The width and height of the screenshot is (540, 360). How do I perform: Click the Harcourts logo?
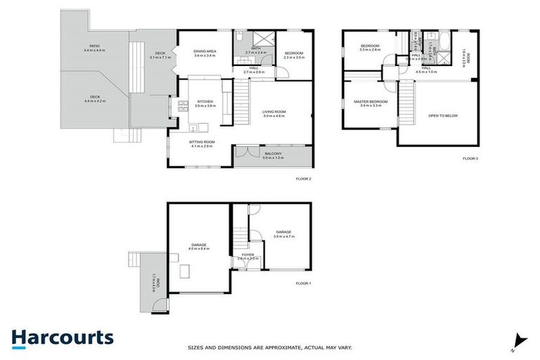click(x=62, y=337)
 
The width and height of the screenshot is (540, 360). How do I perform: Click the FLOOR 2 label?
click(x=303, y=179)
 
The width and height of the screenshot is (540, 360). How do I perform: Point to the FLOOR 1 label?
click(x=304, y=283)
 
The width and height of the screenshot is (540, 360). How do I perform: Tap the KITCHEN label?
click(x=205, y=103)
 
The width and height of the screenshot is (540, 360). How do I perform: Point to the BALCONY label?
click(x=273, y=155)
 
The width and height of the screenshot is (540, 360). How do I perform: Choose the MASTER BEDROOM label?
click(x=370, y=103)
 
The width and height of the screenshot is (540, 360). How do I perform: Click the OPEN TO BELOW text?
click(x=443, y=115)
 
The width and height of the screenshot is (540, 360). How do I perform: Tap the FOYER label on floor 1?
click(x=247, y=257)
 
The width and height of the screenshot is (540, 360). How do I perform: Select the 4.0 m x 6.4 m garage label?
click(x=198, y=246)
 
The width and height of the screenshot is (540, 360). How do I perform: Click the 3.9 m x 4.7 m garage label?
click(x=283, y=234)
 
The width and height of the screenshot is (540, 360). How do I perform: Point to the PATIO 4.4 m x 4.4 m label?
click(x=94, y=49)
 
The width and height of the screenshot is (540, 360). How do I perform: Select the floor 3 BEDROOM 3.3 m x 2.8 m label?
click(x=370, y=48)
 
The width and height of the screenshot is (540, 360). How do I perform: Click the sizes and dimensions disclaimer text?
click(x=270, y=347)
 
